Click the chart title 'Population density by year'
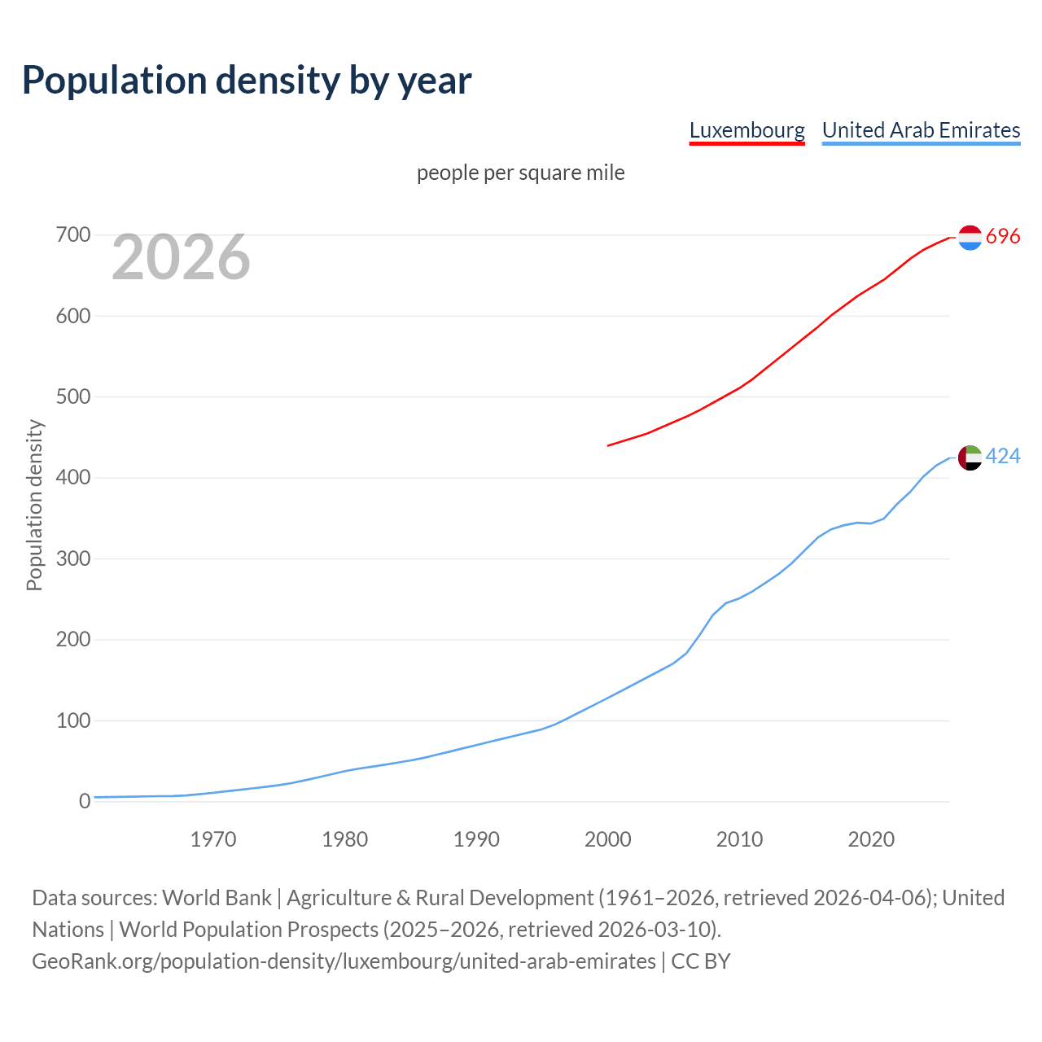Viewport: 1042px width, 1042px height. point(247,80)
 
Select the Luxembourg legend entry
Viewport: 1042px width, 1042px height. point(746,130)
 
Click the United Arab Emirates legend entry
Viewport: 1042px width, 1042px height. point(921,130)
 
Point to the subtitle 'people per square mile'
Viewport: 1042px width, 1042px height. point(520,173)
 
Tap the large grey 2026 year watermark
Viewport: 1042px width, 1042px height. point(181,257)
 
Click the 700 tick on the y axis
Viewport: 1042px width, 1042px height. point(72,235)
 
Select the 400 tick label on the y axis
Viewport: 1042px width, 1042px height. point(72,478)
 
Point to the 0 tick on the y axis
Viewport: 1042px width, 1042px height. point(85,801)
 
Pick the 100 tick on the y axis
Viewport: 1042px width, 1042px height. point(72,720)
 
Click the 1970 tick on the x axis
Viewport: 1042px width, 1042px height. point(213,839)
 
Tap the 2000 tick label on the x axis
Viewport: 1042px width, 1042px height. point(608,839)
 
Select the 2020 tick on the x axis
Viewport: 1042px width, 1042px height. point(871,839)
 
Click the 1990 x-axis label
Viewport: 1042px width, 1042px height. point(476,839)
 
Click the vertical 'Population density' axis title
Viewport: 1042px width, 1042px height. point(34,505)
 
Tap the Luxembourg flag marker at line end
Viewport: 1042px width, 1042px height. point(970,237)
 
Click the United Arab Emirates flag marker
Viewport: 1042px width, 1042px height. point(970,458)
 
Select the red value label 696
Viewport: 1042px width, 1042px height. point(1003,236)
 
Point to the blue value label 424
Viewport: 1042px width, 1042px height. point(1003,457)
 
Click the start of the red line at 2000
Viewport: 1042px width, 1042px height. point(609,445)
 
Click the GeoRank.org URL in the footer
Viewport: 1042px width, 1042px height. point(344,961)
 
